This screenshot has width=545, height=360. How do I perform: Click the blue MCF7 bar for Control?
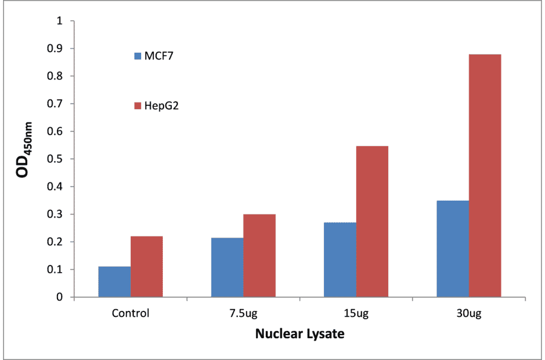point(114,282)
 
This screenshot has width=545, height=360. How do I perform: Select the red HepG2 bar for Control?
point(147,267)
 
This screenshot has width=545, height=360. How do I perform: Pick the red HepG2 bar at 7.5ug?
point(259,256)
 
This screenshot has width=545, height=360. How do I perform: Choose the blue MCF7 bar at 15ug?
point(340,259)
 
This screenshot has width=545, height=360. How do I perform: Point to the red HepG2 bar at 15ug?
point(372,222)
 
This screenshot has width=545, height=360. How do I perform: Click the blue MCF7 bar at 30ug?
point(453,248)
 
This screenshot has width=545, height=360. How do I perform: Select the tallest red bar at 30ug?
point(485,176)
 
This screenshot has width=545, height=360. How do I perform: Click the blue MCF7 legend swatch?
point(137,56)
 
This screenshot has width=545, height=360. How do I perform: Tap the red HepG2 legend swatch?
point(137,106)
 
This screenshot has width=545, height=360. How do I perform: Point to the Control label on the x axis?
point(130,313)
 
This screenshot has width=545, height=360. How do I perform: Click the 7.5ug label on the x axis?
point(243,313)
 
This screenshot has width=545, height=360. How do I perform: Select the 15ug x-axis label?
point(356,313)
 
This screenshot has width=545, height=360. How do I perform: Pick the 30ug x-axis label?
point(469,313)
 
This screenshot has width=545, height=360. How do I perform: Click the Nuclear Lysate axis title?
point(300,334)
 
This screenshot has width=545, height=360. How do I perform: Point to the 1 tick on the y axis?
point(59,21)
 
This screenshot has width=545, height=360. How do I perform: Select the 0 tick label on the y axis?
point(59,298)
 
